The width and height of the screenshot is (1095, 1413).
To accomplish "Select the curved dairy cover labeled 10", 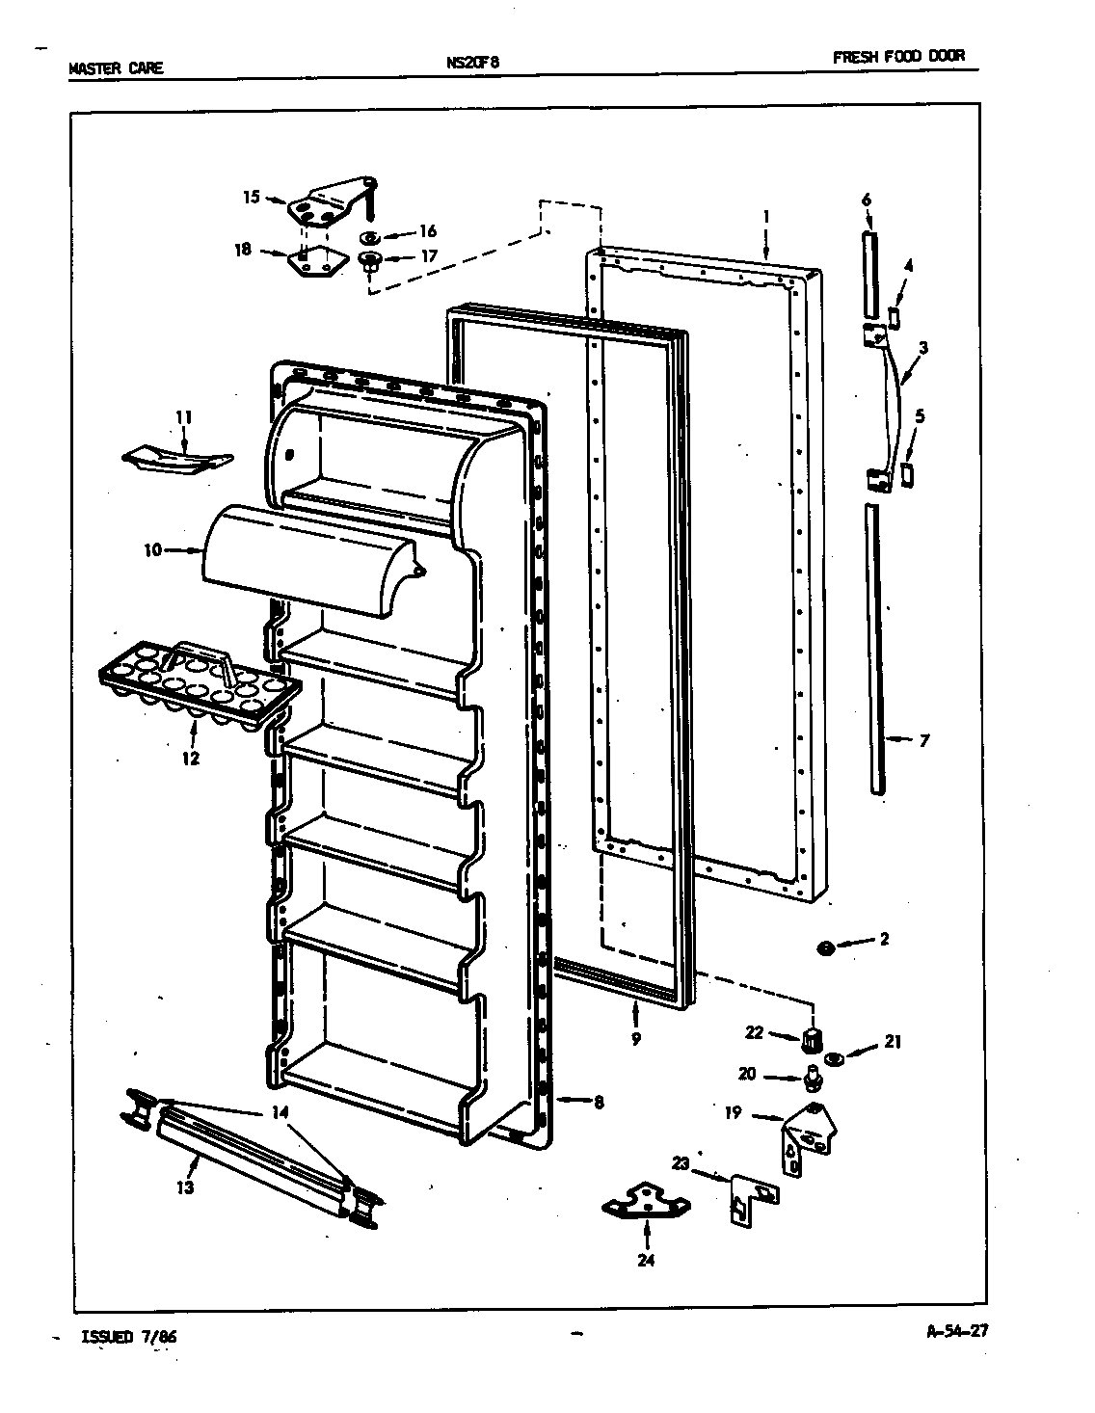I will point(308,559).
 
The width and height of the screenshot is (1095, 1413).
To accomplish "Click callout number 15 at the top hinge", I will point(251,198).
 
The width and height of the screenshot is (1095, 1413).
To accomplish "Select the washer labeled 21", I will point(836,1059).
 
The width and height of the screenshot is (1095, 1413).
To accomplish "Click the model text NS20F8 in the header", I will point(472,63).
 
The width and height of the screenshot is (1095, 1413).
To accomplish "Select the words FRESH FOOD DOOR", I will point(898,57).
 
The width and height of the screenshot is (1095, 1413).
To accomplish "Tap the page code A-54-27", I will point(957,1333).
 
